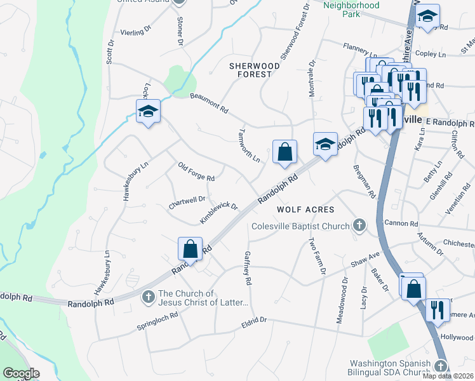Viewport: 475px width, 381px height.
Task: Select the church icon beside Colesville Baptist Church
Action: click(359, 225)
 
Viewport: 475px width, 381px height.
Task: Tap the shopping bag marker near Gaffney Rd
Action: click(190, 249)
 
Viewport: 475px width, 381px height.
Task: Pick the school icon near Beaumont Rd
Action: click(148, 112)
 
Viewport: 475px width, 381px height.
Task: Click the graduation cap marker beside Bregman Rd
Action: click(324, 144)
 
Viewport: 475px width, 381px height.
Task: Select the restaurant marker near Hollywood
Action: click(436, 310)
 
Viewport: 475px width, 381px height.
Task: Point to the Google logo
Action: click(21, 373)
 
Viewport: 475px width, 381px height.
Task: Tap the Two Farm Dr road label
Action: click(317, 257)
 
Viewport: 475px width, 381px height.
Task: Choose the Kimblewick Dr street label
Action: click(218, 213)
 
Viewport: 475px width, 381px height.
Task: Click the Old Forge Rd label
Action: click(196, 170)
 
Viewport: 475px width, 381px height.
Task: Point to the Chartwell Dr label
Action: click(187, 202)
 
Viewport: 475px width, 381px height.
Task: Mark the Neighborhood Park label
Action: click(351, 5)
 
